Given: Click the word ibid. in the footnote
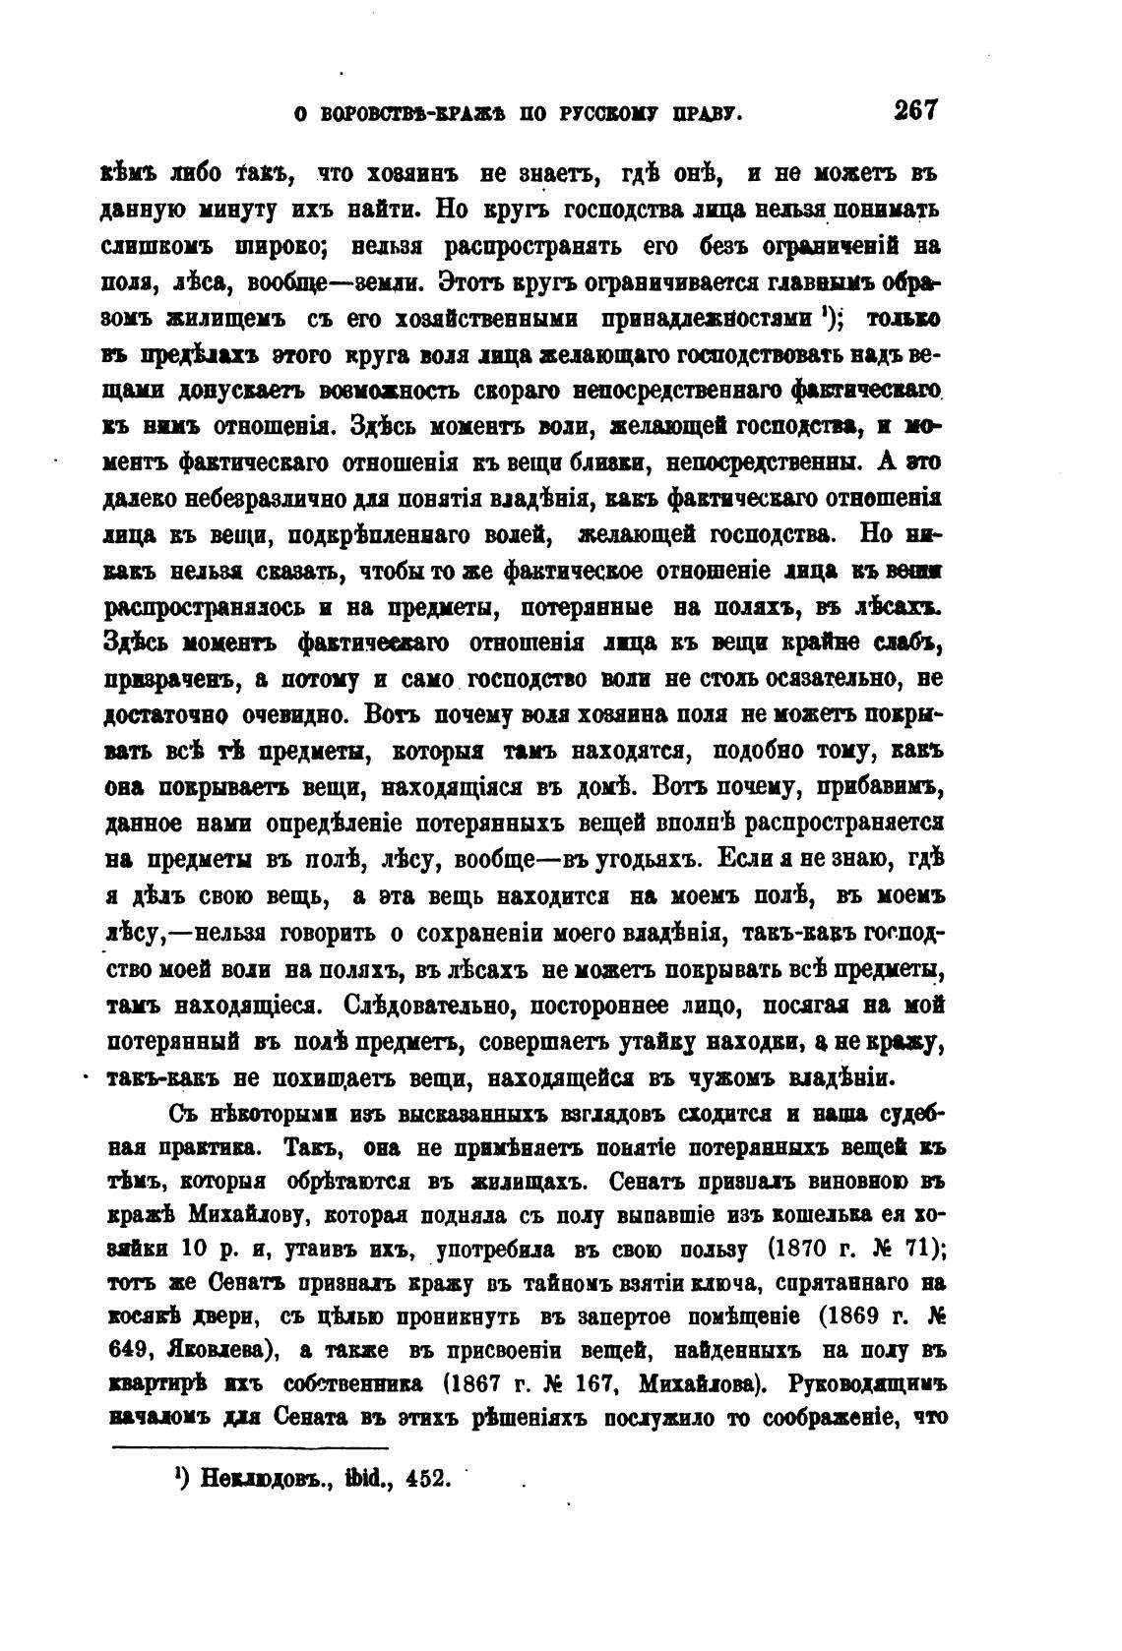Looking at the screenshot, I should click(361, 1479).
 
